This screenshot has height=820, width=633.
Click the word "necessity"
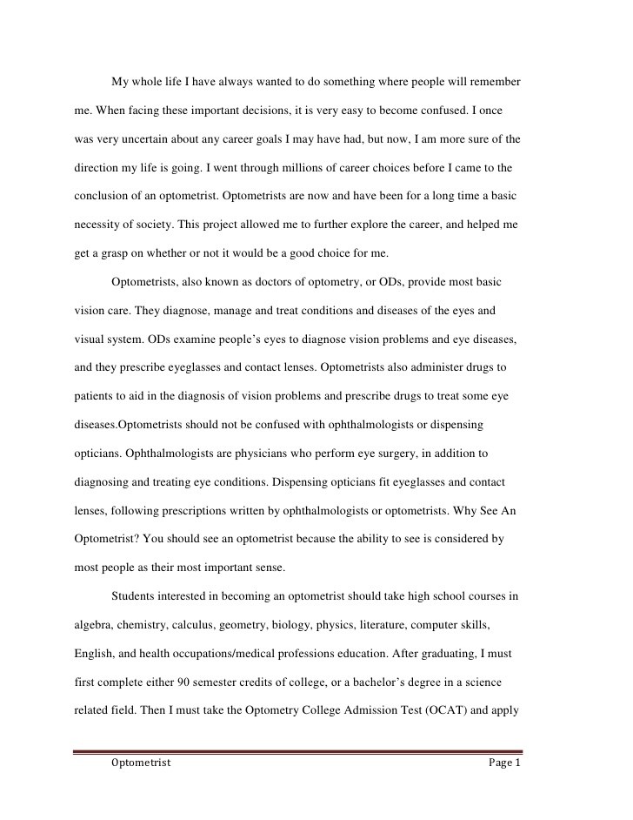click(x=95, y=224)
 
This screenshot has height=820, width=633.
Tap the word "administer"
click(x=436, y=368)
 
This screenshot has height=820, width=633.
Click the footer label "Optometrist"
click(x=141, y=763)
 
